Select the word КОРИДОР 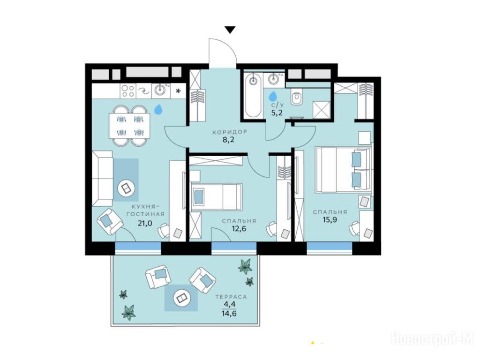coord(230,132)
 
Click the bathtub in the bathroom coord(253,95)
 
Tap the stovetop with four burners coord(127,91)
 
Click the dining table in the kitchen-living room coord(130,125)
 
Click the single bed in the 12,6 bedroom coord(217,197)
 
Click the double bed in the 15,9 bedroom coord(343,170)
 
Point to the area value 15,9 coord(330,220)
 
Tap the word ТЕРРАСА coord(231,297)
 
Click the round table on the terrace coord(180,298)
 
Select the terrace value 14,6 coord(230,314)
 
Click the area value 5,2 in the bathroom coord(277,112)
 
